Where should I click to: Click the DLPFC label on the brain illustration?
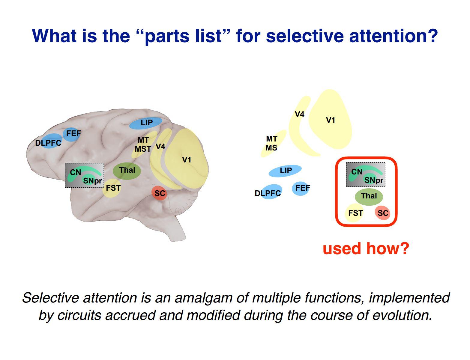coord(48,143)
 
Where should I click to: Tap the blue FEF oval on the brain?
coord(73,133)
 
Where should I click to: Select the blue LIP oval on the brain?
coord(146,123)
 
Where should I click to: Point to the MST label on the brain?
coord(143,149)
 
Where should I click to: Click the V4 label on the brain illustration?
coord(160,147)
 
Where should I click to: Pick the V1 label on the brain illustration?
coord(187,160)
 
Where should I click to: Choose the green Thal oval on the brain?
coord(127,171)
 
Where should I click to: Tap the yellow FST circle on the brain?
coord(113,188)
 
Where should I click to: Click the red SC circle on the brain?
coord(160,193)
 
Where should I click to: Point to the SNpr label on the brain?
coord(92,181)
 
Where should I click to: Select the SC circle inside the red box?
coord(383,213)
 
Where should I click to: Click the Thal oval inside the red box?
coord(369,196)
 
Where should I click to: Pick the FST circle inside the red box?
coord(355,213)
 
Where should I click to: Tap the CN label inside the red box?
coord(357,172)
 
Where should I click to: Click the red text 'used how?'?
coord(366,248)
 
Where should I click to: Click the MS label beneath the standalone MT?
coord(271,148)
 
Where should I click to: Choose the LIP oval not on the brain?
coord(285,171)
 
